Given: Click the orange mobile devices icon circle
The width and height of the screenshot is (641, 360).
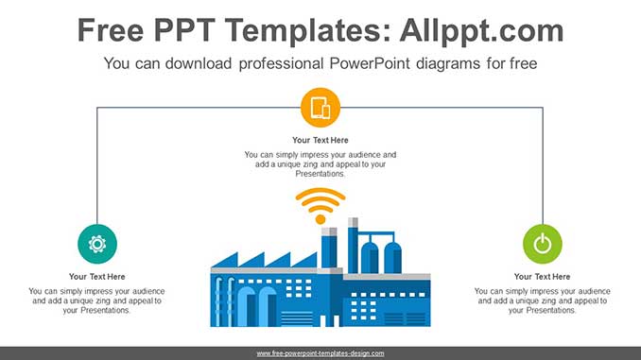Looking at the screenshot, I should coord(320,108).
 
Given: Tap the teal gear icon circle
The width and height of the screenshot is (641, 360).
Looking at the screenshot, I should coord(97,244).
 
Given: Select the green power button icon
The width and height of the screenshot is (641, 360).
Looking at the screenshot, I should coord(542,244).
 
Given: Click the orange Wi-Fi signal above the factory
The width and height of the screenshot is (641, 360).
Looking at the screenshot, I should coord(320,201).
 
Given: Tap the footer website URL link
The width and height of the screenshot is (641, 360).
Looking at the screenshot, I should coord(320,352).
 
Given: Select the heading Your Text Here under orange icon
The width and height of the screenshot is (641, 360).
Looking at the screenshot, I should coord(320,141).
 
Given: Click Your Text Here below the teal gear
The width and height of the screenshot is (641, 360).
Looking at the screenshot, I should coord(97,277).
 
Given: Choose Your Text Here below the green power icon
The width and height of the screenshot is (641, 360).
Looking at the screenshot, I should coord(542,277).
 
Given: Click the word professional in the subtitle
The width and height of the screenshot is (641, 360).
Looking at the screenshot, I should coord(253,64).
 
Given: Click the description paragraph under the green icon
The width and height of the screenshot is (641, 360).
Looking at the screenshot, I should coord(542,300).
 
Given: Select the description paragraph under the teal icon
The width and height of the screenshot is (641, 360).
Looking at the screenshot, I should coord(97,300).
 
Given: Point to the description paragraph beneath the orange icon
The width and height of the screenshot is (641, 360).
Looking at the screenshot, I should coord(320,164).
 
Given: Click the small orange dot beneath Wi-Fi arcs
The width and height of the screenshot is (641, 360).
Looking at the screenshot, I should coord(320,219).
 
